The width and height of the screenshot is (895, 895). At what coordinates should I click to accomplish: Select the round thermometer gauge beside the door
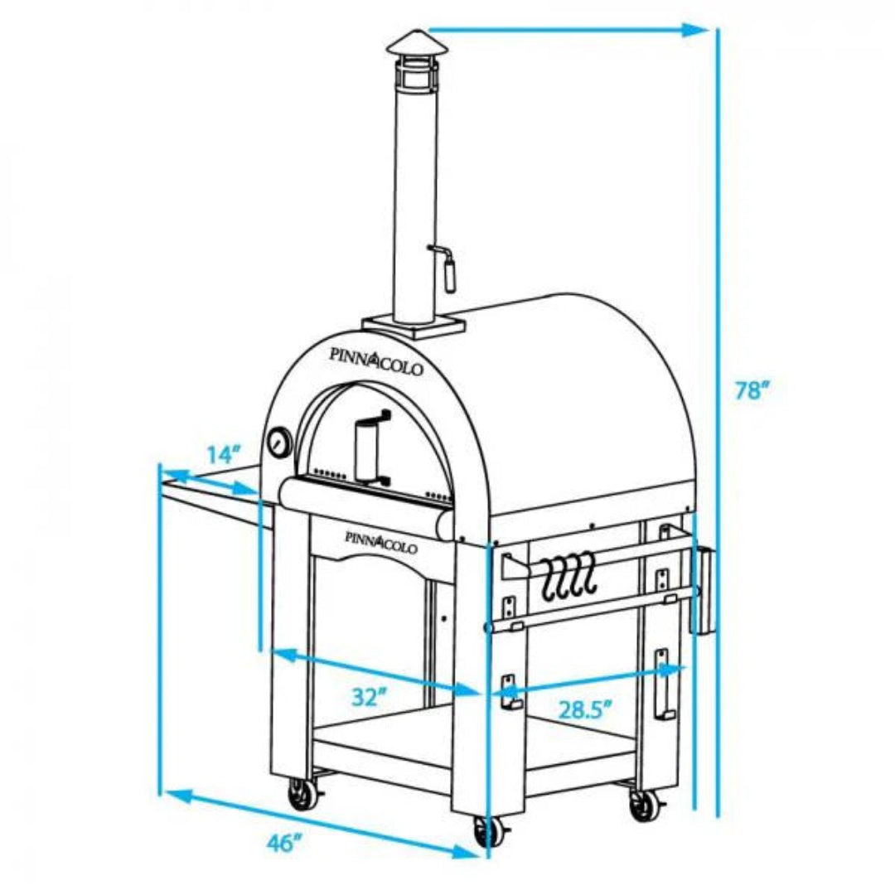[x=278, y=443]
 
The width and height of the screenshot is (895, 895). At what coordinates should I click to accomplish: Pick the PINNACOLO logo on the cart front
[x=380, y=541]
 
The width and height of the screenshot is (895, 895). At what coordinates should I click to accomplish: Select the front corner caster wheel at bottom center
[x=486, y=831]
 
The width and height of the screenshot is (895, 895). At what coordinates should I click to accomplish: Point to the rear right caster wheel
[x=642, y=804]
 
